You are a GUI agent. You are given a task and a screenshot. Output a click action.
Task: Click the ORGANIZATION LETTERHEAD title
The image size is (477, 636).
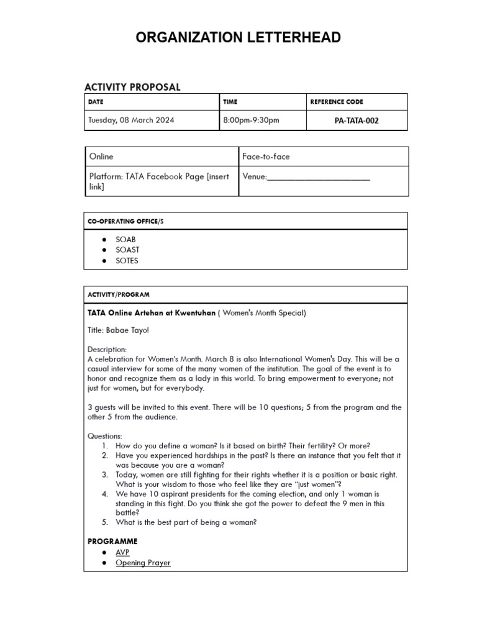238,38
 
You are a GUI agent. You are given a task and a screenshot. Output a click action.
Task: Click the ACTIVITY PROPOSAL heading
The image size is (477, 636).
132,87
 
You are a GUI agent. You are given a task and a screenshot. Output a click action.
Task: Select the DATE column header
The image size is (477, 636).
96,102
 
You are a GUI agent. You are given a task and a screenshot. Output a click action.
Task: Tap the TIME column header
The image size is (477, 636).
230,102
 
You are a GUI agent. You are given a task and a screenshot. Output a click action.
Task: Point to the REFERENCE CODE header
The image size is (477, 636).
337,102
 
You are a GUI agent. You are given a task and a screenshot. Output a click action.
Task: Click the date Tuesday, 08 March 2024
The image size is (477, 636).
131,120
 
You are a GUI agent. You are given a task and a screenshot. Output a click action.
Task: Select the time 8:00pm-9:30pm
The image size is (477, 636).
251,120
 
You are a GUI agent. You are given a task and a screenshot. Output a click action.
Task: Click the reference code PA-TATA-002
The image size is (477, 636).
357,121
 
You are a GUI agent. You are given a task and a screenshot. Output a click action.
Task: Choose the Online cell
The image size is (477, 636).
101,157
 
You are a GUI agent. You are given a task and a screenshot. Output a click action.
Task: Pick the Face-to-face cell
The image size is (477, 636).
266,157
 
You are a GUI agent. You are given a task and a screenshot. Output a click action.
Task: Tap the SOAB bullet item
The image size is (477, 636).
125,240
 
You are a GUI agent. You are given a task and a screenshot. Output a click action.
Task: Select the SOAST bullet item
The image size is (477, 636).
127,250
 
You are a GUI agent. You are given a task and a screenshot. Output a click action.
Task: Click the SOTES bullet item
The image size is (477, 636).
127,261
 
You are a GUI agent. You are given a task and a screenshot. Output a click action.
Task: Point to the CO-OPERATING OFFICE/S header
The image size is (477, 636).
125,221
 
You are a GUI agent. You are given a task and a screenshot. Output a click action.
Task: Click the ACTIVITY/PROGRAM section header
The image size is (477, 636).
118,294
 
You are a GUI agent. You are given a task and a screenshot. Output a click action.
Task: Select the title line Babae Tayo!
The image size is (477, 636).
118,330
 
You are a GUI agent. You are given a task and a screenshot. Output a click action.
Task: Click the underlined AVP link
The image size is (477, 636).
122,552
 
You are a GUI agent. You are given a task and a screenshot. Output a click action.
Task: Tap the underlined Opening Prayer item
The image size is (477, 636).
143,563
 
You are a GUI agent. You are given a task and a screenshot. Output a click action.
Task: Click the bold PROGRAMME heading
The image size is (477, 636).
112,542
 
